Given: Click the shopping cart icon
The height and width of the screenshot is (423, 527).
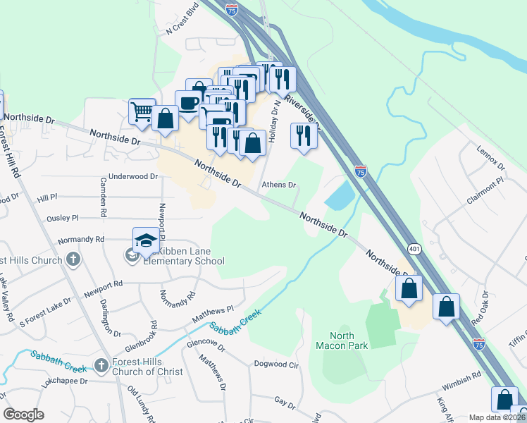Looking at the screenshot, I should click(x=142, y=111).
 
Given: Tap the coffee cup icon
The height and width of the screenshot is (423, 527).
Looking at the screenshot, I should click(x=188, y=103).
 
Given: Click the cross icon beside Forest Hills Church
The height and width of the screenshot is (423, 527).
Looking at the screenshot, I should click(x=73, y=260).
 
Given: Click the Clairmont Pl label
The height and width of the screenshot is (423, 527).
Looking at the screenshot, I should click(x=485, y=190).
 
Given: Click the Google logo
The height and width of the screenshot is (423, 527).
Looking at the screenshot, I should click(x=23, y=414).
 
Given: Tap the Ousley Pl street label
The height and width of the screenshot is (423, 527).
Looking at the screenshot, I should click(x=63, y=219).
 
